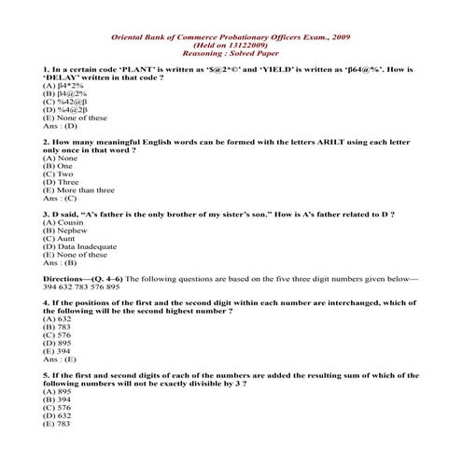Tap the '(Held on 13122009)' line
point(231,45)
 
